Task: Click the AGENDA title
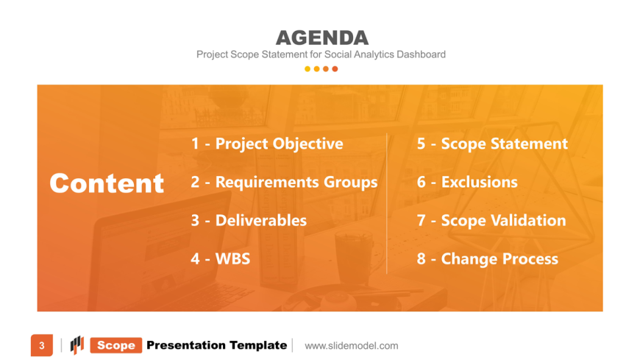point(322,38)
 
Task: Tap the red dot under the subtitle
point(335,69)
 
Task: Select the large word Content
point(107,183)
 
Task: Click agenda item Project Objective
point(267,144)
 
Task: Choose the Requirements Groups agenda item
point(284,183)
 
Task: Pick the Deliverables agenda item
point(249,221)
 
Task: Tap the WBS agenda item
point(221,258)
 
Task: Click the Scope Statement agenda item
point(492,144)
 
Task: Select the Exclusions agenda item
point(467,183)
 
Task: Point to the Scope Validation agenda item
point(491,221)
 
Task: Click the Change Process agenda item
point(487,259)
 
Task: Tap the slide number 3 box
point(42,346)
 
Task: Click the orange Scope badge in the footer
point(116,345)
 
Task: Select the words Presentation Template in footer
point(217,345)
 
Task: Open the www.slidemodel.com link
point(352,346)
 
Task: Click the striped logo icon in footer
point(77,345)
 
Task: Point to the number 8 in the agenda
point(422,259)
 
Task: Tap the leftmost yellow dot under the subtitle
point(307,69)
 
